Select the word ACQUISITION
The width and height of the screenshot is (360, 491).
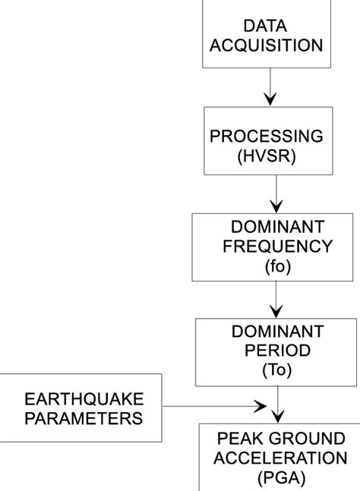(x=266, y=46)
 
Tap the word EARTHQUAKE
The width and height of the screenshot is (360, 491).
(x=84, y=399)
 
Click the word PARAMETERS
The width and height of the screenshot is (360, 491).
(x=84, y=418)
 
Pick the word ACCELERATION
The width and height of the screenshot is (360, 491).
(x=279, y=458)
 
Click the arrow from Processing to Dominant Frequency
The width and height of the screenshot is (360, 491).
(x=276, y=193)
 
